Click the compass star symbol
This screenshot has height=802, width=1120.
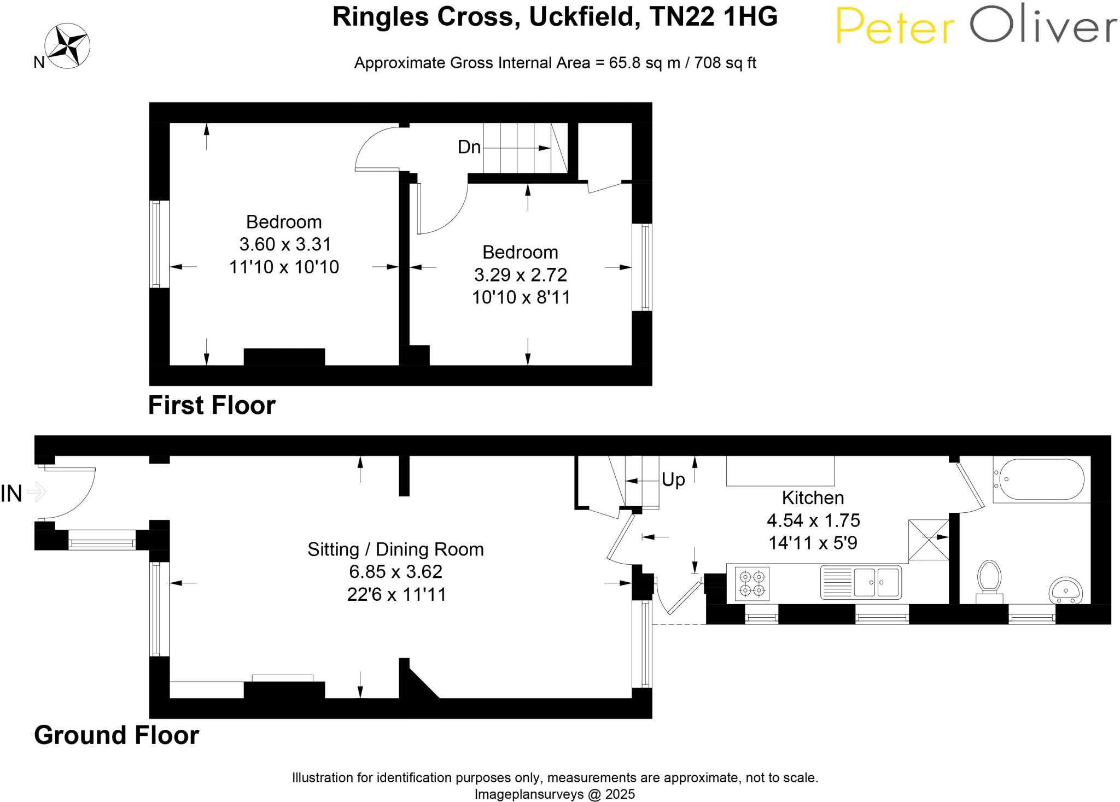coord(67,46)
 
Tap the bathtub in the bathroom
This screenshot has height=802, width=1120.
coord(1039,479)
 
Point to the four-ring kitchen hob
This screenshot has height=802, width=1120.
coord(752,584)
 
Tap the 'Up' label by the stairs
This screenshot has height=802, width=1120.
coord(673,479)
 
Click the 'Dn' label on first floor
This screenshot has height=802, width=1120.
coord(469,147)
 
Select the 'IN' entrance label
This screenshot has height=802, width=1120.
coord(12,494)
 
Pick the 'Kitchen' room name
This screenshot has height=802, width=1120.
coord(813,497)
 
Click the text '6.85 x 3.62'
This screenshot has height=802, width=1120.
coord(395,572)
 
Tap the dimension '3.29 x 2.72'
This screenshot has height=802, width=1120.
coord(520,274)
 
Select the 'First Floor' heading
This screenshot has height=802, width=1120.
coord(212,406)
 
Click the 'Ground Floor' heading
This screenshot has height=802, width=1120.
coord(116,735)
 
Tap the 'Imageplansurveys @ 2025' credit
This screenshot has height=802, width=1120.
coord(555,794)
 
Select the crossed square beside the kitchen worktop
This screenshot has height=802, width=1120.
coord(928,540)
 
